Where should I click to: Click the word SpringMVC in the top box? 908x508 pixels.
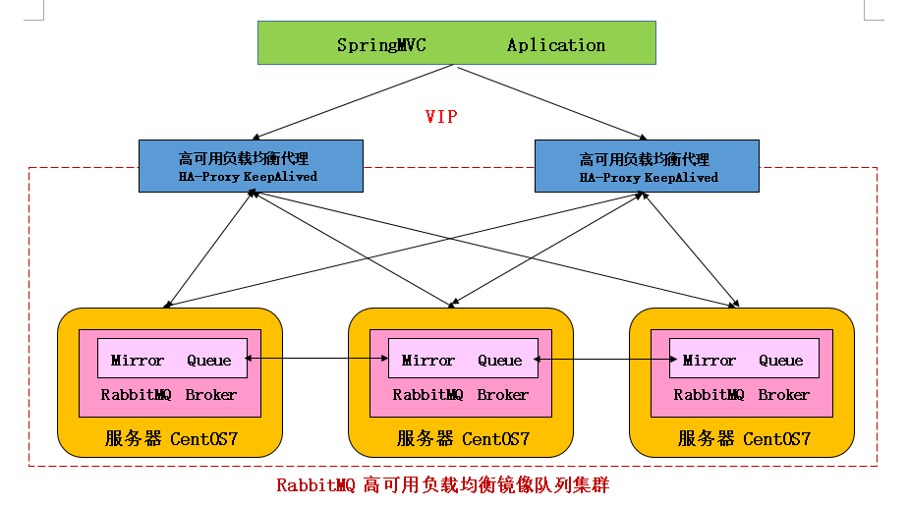tap(381, 45)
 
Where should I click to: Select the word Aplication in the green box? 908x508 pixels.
tap(555, 45)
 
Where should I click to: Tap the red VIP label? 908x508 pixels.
tap(441, 117)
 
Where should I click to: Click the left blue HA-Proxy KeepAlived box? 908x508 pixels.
tap(251, 165)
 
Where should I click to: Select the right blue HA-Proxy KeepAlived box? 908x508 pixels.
tap(647, 165)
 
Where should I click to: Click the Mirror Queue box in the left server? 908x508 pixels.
tap(171, 360)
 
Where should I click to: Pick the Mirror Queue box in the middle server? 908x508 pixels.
tap(463, 360)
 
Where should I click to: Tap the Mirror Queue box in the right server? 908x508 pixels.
tap(743, 360)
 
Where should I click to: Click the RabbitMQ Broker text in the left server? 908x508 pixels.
tap(169, 395)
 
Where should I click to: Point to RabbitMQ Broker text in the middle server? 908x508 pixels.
tap(461, 395)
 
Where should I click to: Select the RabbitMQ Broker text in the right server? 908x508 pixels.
tap(742, 395)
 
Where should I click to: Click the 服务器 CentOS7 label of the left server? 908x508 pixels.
tap(171, 438)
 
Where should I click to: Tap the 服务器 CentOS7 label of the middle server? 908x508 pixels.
tap(462, 438)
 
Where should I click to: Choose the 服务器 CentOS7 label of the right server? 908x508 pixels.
tap(744, 438)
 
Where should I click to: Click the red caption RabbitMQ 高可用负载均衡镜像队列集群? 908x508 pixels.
tap(449, 485)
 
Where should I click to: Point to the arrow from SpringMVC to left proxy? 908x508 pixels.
tap(354, 102)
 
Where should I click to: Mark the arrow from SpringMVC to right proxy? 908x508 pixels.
tap(550, 102)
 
